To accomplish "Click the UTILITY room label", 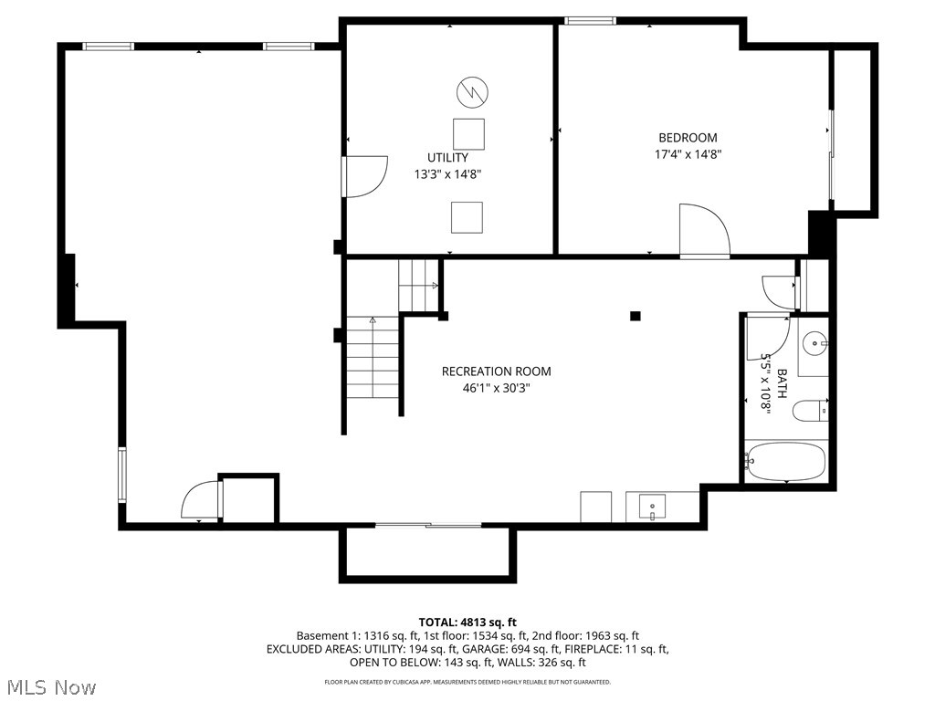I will point(447,157).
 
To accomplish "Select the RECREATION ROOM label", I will point(496,371).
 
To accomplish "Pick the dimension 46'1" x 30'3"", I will point(496,388).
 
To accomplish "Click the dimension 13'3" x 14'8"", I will point(447,173).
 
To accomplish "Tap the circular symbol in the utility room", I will point(471,90).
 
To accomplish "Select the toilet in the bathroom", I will point(811,411).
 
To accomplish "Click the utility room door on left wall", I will point(363,176).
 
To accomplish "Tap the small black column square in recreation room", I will point(636,316).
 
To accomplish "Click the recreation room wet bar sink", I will point(653,505).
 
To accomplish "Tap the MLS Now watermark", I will point(51,685).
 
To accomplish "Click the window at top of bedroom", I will point(590,20).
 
